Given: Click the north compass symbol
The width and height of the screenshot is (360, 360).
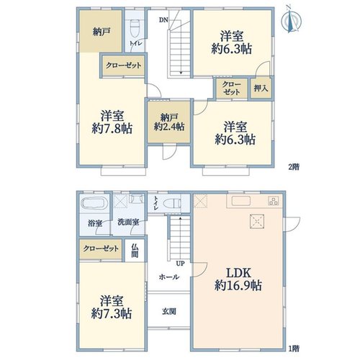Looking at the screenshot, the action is pos(292,21).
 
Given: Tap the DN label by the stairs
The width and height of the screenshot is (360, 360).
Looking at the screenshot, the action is pos(163,20).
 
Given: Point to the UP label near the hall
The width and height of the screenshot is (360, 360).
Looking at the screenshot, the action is pos(180,264).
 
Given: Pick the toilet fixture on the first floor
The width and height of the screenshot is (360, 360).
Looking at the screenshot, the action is pos(172,204).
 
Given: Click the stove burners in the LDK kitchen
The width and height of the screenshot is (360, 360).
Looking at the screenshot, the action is pos(274,201).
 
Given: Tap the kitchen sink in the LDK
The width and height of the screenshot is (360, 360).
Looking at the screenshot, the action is pos(241,201).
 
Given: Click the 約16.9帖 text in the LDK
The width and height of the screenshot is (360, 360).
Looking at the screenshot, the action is pos(238,286).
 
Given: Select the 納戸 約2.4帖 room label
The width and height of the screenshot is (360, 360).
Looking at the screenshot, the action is pos(169,122).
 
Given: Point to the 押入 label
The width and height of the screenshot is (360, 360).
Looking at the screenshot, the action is pos(261,89).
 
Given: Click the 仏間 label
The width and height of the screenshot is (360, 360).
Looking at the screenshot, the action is pos(135,251).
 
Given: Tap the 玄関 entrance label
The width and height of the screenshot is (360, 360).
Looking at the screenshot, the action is pos(168,311).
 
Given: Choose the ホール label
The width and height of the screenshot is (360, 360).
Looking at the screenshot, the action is pos(169,277).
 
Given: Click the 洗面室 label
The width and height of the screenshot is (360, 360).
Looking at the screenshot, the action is pos(128,222).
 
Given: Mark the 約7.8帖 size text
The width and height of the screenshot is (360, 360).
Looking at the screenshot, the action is pos(112,129).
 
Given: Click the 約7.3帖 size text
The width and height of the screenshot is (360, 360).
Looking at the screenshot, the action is pos(112,313).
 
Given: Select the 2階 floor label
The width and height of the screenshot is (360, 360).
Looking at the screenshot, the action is pos(294,166).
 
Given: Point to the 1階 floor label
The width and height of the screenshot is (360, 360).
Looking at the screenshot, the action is pos(294,348).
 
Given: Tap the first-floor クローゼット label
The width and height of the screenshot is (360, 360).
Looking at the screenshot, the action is pos(101,248).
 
